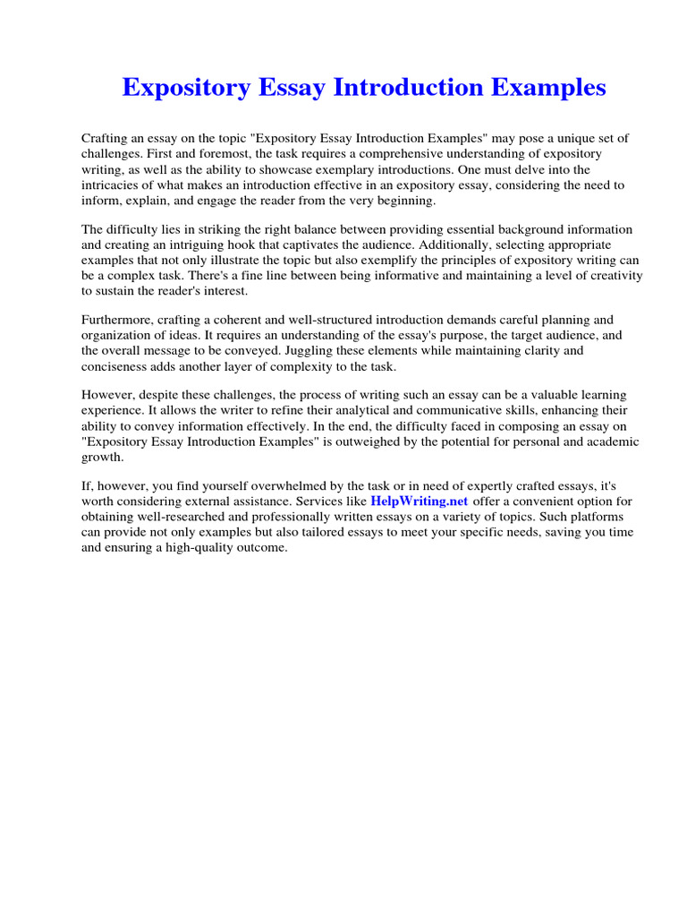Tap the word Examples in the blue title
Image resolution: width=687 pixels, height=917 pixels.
pos(540,87)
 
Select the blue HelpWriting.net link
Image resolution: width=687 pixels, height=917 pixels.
pos(420,501)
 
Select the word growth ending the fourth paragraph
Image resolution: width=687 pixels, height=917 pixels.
pos(103,458)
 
